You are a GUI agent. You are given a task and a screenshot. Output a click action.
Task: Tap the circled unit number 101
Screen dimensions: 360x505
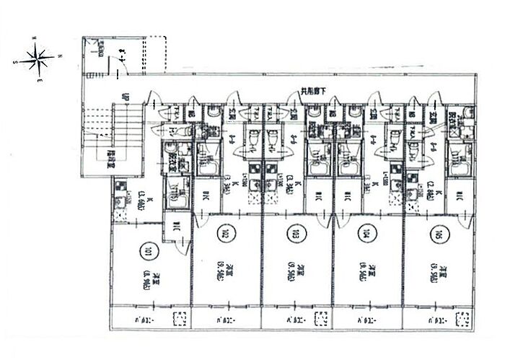(147, 252)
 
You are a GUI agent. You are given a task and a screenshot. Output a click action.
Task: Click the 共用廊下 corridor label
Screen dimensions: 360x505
(315, 92)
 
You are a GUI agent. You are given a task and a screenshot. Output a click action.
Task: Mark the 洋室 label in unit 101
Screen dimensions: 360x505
(147, 277)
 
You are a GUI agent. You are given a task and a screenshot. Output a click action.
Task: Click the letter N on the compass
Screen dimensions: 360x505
(61, 55)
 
